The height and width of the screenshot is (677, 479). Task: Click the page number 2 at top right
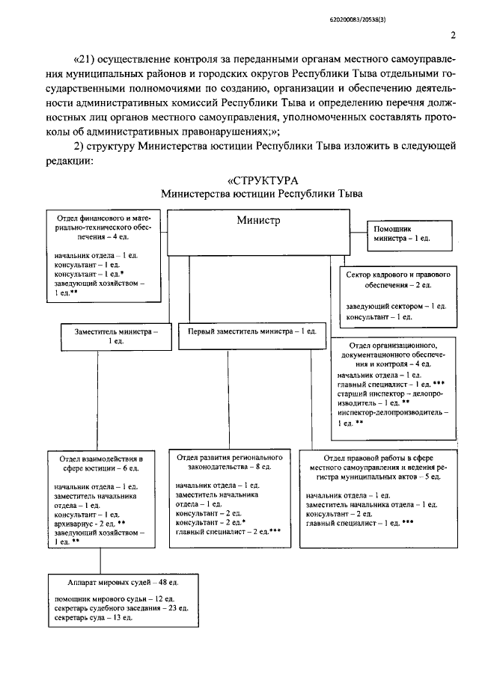453,34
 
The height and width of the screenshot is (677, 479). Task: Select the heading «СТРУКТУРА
262,180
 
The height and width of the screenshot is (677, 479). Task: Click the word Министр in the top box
258,220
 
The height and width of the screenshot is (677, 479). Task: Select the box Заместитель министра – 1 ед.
115,335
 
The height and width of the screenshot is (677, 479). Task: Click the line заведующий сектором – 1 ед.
396,307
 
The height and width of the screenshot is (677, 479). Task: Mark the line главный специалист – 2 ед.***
218,532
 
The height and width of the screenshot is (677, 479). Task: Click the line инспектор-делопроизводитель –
393,412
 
